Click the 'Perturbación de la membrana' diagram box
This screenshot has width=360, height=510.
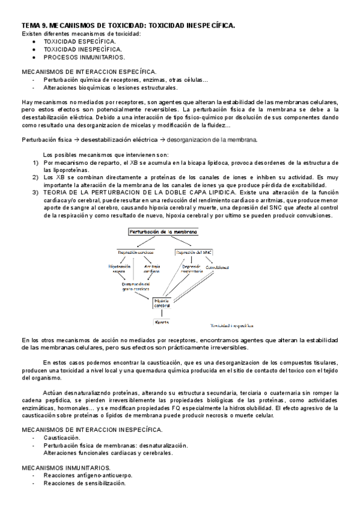pos(162,232)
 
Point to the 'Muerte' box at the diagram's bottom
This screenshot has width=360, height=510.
pos(162,322)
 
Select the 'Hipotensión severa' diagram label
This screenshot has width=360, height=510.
pos(120,268)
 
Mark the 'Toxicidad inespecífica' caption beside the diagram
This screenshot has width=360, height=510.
pos(229,323)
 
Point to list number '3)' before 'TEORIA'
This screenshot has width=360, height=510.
pos(35,192)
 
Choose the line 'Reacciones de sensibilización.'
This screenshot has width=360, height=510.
pos(84,482)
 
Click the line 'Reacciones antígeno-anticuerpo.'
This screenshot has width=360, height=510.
pos(88,475)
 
